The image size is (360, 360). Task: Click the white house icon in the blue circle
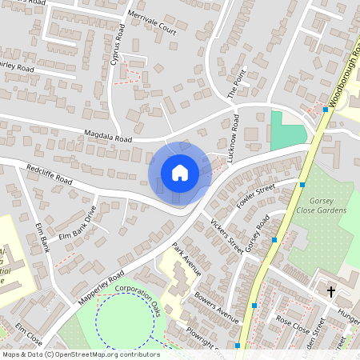click(179, 173)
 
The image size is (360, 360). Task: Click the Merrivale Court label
click(150, 25)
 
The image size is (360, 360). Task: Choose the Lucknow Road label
click(234, 140)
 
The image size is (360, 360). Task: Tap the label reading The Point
click(234, 82)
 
